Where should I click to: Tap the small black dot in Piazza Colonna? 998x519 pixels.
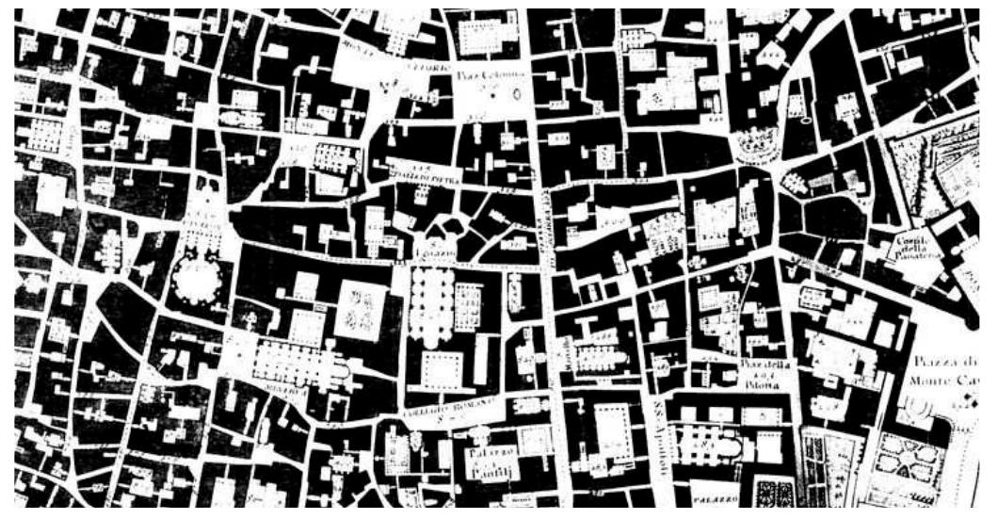pyautogui.click(x=492, y=95)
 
